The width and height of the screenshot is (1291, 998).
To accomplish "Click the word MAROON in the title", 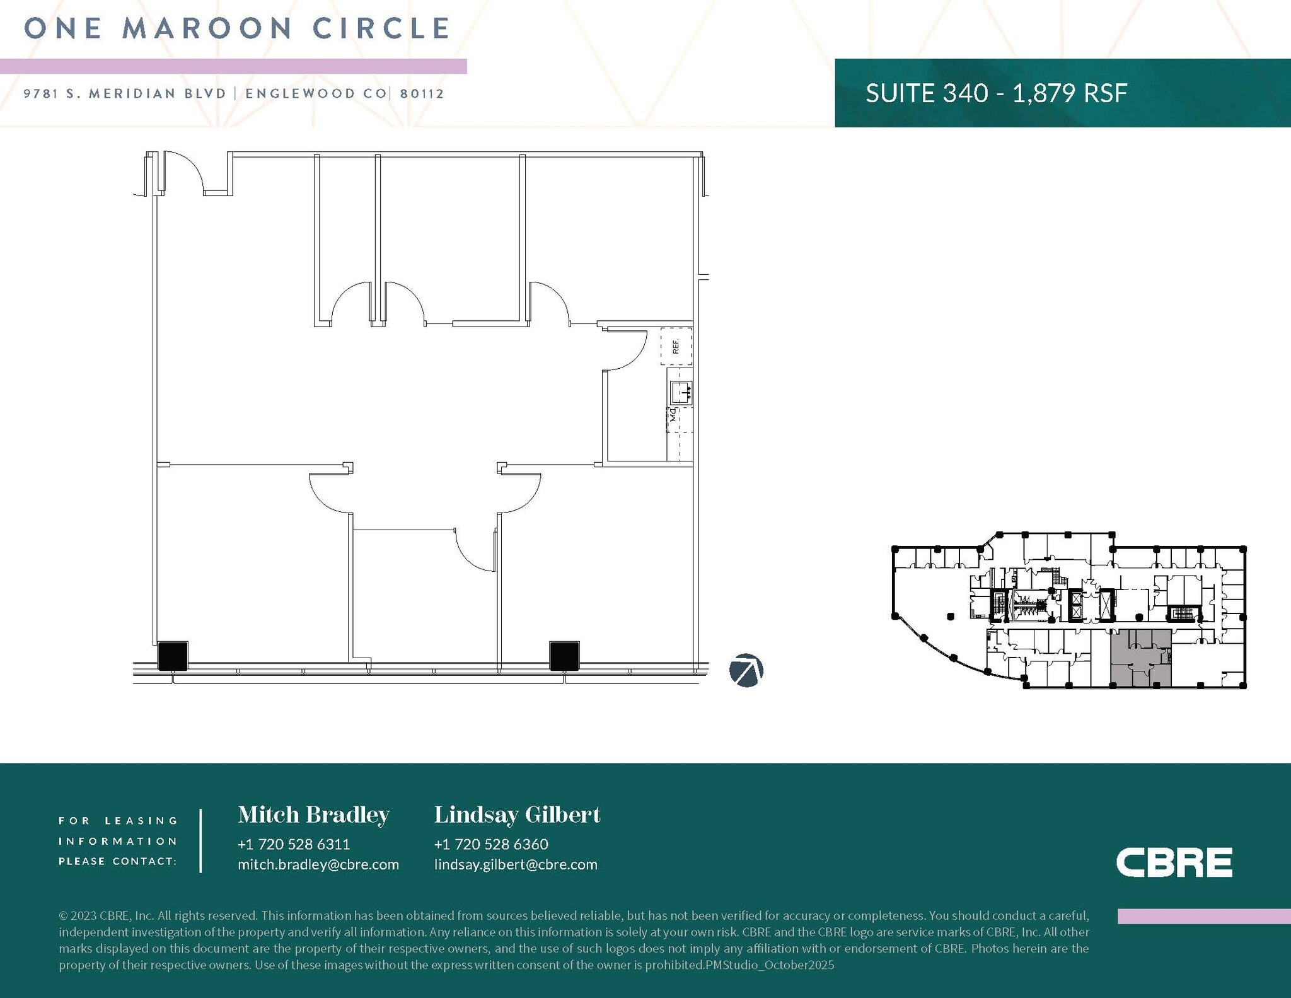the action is click(x=207, y=28).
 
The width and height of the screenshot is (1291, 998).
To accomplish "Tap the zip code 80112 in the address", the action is click(x=422, y=94).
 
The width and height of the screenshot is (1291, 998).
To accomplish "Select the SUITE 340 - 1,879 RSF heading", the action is click(x=996, y=93).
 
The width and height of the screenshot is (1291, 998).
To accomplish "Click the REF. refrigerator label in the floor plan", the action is click(x=676, y=346).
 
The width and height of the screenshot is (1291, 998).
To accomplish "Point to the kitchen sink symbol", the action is click(x=681, y=393).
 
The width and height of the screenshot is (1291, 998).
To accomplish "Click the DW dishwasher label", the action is click(x=673, y=415).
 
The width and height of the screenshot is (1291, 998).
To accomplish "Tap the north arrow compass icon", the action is click(x=746, y=670).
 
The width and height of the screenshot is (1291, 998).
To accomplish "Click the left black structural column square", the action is click(x=173, y=656).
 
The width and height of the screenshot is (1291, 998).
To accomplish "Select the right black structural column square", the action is click(x=564, y=656).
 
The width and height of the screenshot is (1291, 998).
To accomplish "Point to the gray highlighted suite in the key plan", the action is click(x=1140, y=658).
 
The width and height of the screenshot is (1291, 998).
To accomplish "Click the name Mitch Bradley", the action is click(x=313, y=815).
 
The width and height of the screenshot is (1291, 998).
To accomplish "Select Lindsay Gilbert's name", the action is click(x=517, y=815).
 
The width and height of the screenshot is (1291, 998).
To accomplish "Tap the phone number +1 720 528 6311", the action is click(x=294, y=844).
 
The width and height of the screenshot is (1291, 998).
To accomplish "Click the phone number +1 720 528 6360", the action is click(x=491, y=844).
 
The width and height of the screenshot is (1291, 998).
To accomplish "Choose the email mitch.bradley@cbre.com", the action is click(x=318, y=864).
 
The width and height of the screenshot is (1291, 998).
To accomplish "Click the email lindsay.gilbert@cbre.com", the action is click(x=516, y=864).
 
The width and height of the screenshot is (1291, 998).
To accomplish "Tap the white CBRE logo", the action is click(x=1174, y=862).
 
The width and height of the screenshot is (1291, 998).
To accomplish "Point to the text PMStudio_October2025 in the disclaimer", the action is click(x=770, y=965).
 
